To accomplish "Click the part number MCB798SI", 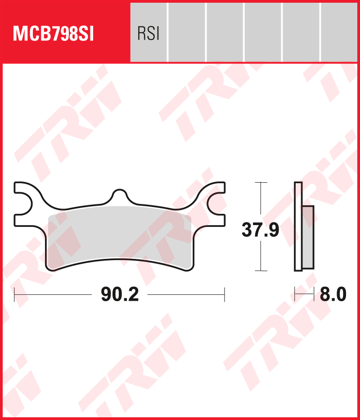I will point(54,34).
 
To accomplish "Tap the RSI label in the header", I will point(148,34).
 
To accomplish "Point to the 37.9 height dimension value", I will point(260,230).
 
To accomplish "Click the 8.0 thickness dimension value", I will point(333,295).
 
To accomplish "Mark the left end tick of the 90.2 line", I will point(15,295).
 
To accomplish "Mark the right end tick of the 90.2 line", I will point(224,295).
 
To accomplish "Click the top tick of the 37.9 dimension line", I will point(261,183).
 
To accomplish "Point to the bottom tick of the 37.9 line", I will point(261,271).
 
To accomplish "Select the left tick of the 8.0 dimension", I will point(295,295).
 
